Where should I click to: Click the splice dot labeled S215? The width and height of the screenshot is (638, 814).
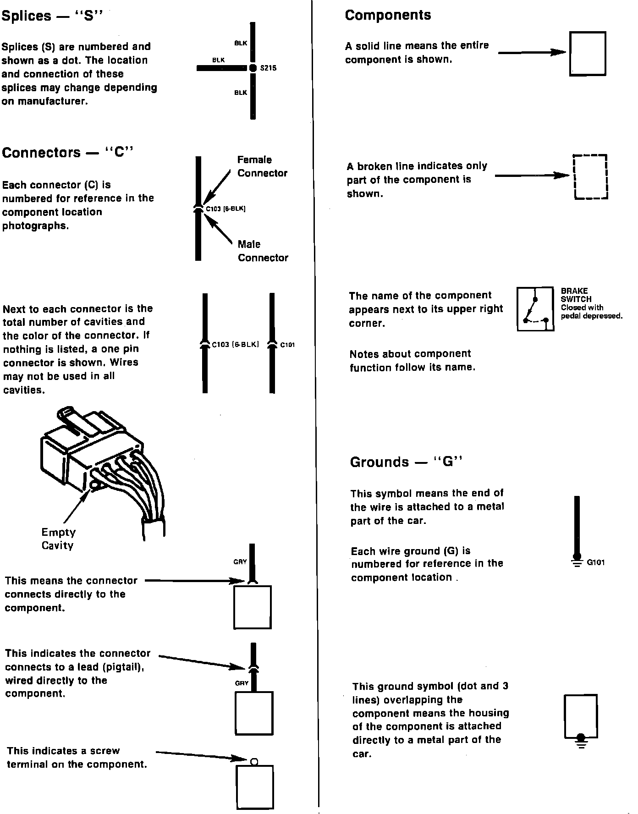click(x=253, y=68)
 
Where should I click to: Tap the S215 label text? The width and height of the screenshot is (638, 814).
click(x=268, y=68)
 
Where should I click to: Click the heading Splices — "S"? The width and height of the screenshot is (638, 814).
click(x=52, y=16)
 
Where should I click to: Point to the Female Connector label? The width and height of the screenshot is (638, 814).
click(x=262, y=166)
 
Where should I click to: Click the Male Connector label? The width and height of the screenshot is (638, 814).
click(x=263, y=251)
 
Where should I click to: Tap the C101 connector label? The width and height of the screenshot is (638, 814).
click(x=287, y=345)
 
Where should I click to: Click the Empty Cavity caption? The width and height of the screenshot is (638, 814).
click(x=58, y=539)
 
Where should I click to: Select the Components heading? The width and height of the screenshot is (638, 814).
click(x=388, y=15)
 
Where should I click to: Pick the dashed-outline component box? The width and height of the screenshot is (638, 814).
click(x=590, y=177)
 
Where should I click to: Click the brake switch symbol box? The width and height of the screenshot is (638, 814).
click(x=535, y=309)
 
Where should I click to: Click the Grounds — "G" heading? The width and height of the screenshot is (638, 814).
click(x=406, y=462)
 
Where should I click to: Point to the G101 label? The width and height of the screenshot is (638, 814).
click(x=596, y=562)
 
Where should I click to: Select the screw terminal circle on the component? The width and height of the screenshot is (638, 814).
click(x=255, y=762)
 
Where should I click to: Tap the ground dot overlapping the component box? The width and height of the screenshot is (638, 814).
click(x=581, y=737)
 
